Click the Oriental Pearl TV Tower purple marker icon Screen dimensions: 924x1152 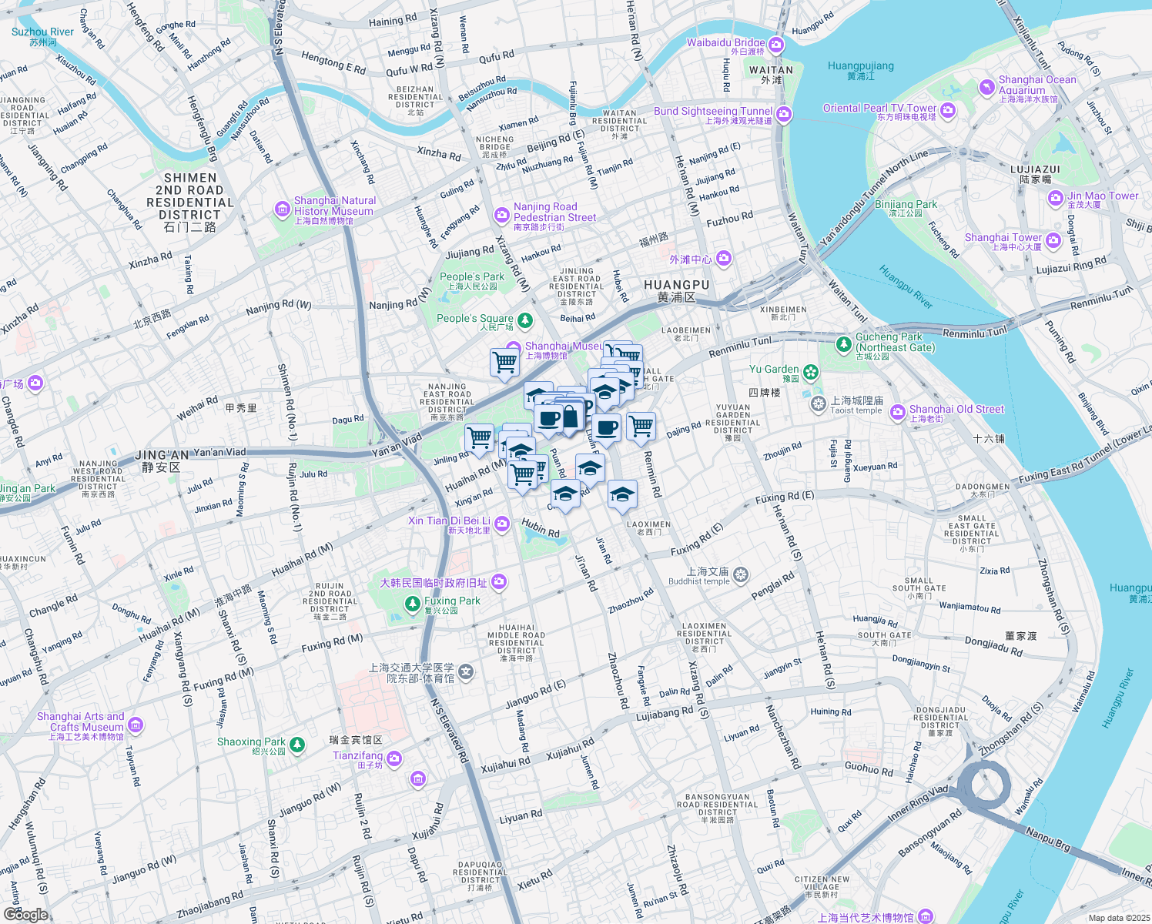948,110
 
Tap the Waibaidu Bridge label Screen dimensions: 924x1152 725,43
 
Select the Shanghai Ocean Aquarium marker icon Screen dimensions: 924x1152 986,88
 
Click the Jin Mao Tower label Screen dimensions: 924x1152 1102,196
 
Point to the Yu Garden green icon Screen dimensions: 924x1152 811,373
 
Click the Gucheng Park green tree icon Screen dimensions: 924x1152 844,343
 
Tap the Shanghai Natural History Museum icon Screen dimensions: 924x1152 283,209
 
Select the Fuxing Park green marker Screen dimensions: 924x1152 413,604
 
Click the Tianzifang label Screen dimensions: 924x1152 357,755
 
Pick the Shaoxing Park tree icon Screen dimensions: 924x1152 297,745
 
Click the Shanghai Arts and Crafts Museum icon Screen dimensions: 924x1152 136,725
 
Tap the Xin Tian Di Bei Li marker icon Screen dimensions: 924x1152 502,524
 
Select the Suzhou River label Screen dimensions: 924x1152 42,32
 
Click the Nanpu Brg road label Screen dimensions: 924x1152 1047,839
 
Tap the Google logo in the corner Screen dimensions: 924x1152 25,914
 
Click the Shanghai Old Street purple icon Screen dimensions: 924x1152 897,413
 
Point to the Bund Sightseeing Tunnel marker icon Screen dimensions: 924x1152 784,115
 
